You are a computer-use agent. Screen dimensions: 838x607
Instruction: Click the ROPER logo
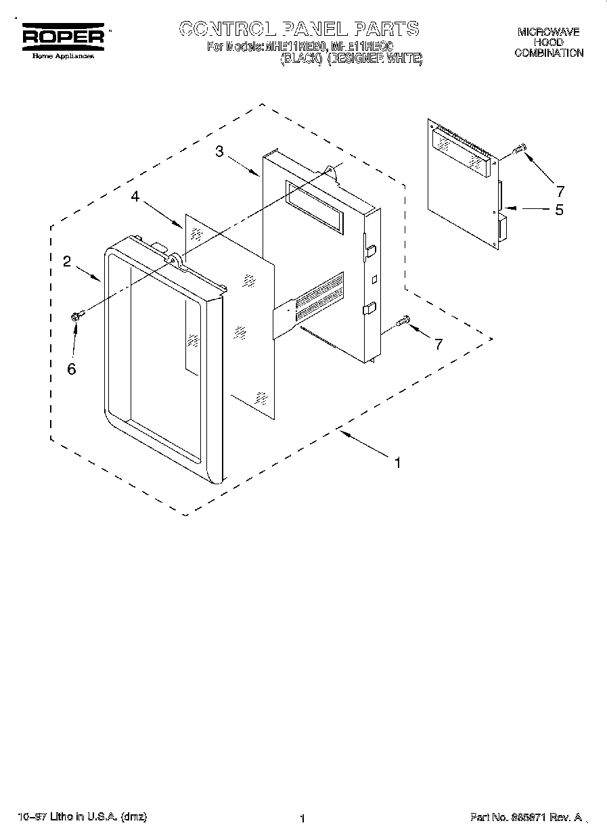pos(64,37)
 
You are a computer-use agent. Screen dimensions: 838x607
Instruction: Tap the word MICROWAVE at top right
pos(548,32)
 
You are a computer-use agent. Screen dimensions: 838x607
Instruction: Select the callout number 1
pos(398,463)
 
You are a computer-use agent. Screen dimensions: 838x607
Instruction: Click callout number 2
pos(67,262)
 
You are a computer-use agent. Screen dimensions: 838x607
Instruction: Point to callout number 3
pos(220,152)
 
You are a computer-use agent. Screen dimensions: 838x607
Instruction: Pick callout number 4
pos(135,196)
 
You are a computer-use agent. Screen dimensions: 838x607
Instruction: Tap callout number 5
pos(559,210)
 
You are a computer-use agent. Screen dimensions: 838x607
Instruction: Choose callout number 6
pos(72,369)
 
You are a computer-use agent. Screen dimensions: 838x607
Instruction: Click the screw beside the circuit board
pos(520,149)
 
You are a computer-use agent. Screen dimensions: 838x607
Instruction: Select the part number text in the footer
pos(526,818)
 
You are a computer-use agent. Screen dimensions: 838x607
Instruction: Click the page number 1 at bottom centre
pos(302,818)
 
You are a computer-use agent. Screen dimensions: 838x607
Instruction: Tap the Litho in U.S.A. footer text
pos(81,817)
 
